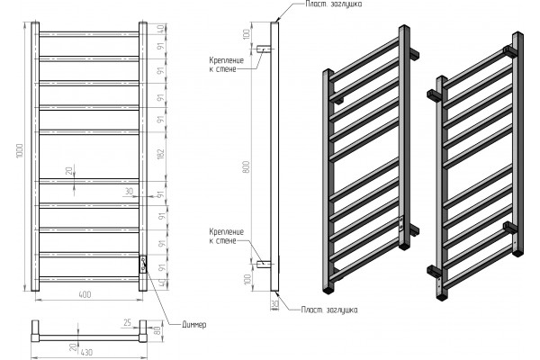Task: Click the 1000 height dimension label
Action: (19, 151)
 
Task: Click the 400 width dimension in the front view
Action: (85, 294)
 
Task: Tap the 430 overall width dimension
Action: (86, 352)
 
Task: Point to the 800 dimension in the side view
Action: (247, 166)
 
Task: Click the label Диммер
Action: (193, 324)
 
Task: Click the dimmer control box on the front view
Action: (143, 265)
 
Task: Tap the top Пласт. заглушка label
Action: (334, 4)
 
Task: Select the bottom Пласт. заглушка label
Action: (329, 310)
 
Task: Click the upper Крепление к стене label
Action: (226, 65)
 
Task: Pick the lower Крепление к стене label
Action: (226, 236)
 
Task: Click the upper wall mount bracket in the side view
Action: (264, 49)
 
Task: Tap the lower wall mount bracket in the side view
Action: (264, 265)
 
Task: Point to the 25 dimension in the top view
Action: (128, 323)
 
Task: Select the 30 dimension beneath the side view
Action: (274, 304)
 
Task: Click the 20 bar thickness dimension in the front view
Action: (70, 170)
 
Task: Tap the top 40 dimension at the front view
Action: (161, 28)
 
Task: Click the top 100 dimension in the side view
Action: (247, 34)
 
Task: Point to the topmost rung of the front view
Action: (89, 34)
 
